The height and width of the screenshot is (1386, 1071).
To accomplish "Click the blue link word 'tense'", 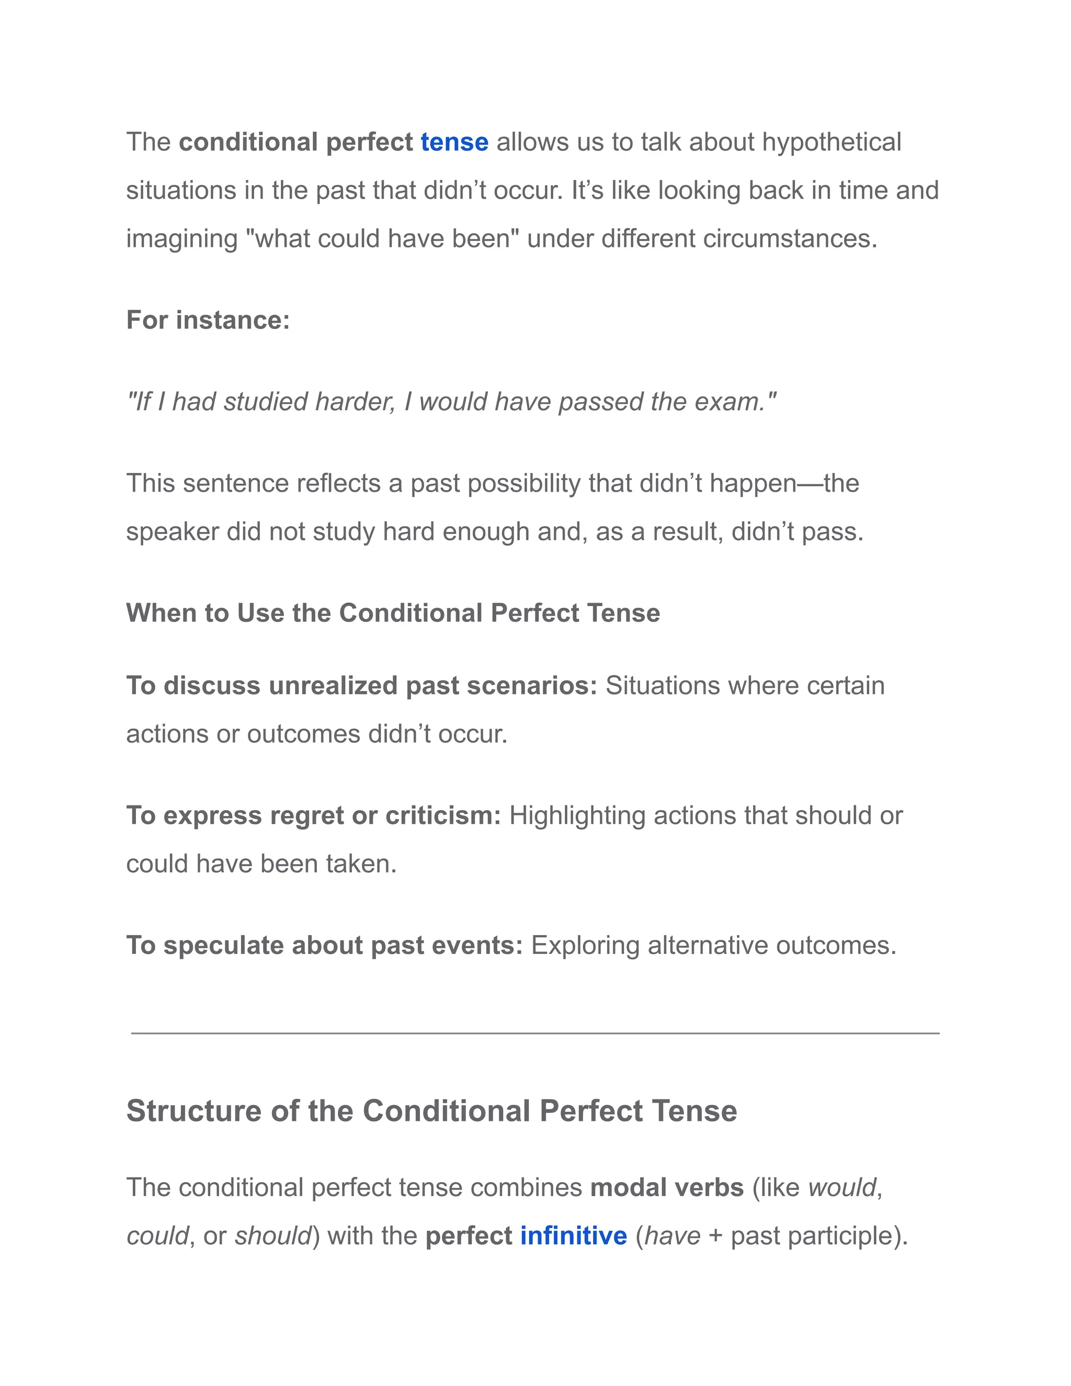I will click(x=454, y=142).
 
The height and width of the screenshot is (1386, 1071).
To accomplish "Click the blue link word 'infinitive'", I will click(x=574, y=1235).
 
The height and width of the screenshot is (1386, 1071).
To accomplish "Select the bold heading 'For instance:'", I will click(x=208, y=320).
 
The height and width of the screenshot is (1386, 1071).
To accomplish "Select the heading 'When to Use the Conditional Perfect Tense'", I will click(x=393, y=613).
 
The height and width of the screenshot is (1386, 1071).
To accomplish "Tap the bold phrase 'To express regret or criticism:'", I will click(x=313, y=815).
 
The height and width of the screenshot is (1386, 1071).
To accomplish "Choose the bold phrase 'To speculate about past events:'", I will click(x=324, y=945).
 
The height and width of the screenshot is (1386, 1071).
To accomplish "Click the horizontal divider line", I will click(x=535, y=1033).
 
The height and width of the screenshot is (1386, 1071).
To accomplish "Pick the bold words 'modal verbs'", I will click(x=667, y=1187).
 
